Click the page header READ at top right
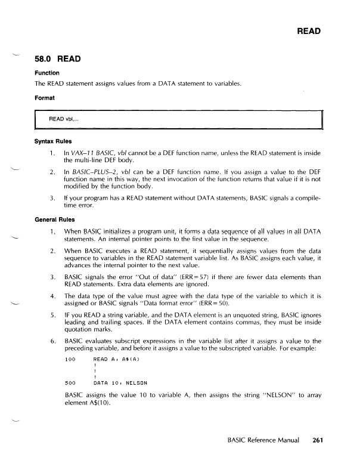309,32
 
